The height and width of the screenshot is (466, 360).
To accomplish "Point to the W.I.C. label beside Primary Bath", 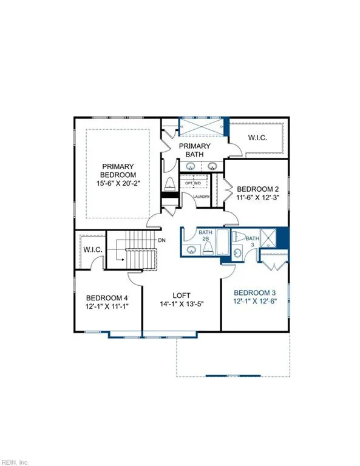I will click(257, 138).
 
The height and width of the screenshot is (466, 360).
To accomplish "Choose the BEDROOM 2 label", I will click(258, 188).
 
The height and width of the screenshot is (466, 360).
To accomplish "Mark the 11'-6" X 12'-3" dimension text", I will click(258, 198).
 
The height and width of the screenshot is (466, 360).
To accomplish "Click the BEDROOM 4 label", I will click(107, 298).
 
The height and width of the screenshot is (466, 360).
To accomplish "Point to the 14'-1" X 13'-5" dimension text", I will click(182, 304).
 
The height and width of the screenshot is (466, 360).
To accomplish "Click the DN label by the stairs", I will click(161, 240).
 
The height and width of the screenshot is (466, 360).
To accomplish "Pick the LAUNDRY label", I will click(201, 197).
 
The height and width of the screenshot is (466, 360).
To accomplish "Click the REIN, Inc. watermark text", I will click(15, 461).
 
